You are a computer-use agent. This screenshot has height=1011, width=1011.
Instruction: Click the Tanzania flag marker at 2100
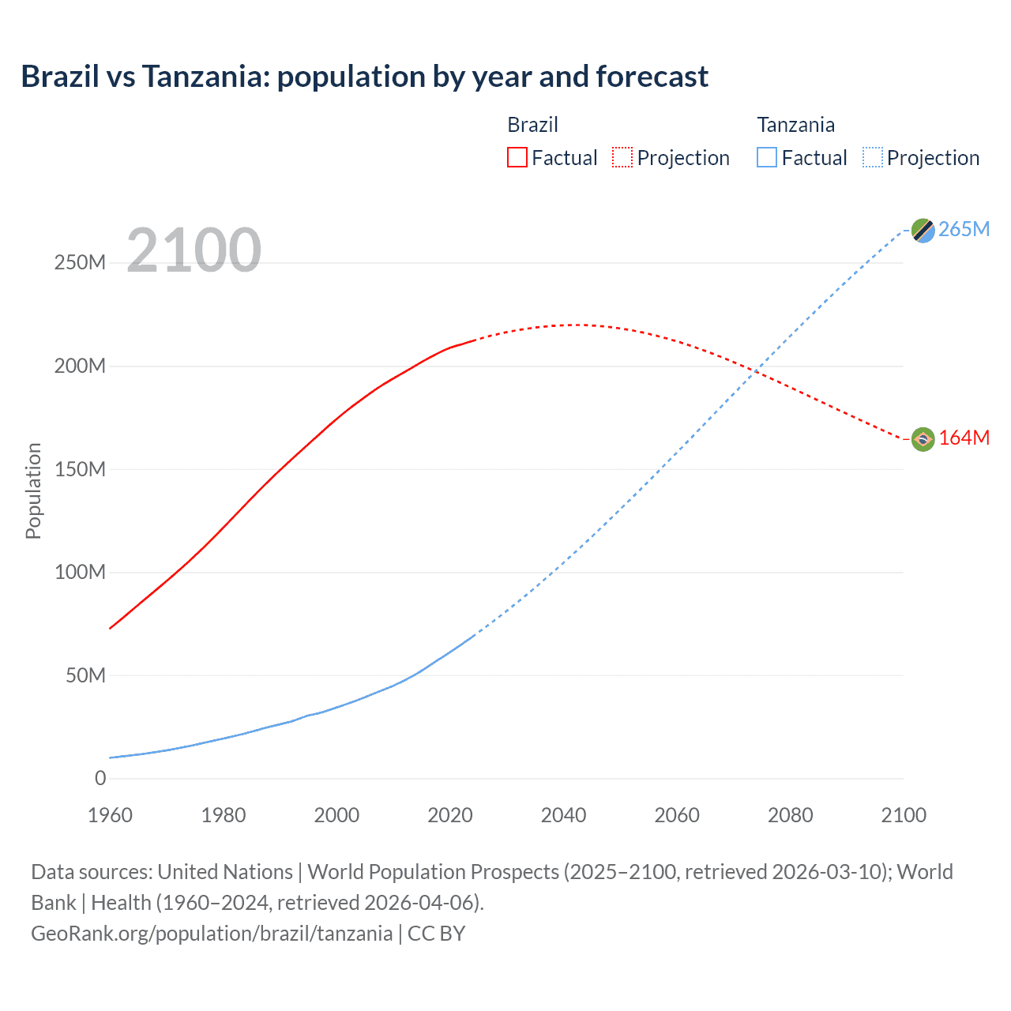(x=923, y=230)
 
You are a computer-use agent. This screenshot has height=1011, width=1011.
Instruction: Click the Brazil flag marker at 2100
(x=923, y=438)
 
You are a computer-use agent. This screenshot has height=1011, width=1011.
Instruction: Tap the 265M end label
(x=964, y=229)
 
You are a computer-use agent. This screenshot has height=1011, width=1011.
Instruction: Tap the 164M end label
(x=964, y=438)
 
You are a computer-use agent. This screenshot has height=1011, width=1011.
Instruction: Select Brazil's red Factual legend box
(x=517, y=157)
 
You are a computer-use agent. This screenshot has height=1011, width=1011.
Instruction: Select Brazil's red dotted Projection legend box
(x=622, y=157)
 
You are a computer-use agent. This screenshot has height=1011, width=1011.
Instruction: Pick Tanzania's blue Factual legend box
(x=766, y=157)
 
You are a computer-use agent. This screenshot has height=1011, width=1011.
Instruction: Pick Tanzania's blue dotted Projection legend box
(x=872, y=157)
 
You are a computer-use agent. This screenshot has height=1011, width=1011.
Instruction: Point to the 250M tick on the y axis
(x=80, y=263)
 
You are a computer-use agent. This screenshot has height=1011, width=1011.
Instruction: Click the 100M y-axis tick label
(x=80, y=572)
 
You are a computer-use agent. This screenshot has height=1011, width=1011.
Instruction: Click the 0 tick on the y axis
(x=100, y=778)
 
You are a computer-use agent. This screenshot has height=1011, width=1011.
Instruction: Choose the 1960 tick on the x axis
(x=110, y=815)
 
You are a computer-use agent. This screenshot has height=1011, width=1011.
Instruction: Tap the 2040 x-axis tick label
(x=563, y=815)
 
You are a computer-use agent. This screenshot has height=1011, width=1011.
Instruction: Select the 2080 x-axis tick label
(x=790, y=815)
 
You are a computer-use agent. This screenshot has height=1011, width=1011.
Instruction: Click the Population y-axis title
(x=33, y=490)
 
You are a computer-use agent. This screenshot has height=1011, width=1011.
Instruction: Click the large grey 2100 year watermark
(x=194, y=250)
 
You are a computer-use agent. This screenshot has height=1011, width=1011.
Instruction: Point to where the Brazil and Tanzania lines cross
(x=757, y=371)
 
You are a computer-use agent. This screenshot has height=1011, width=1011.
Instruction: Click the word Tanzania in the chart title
(x=205, y=77)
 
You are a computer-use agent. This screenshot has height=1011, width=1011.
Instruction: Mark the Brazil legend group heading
(x=532, y=125)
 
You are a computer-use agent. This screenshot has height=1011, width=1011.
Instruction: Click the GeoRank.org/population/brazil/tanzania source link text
(x=212, y=933)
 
